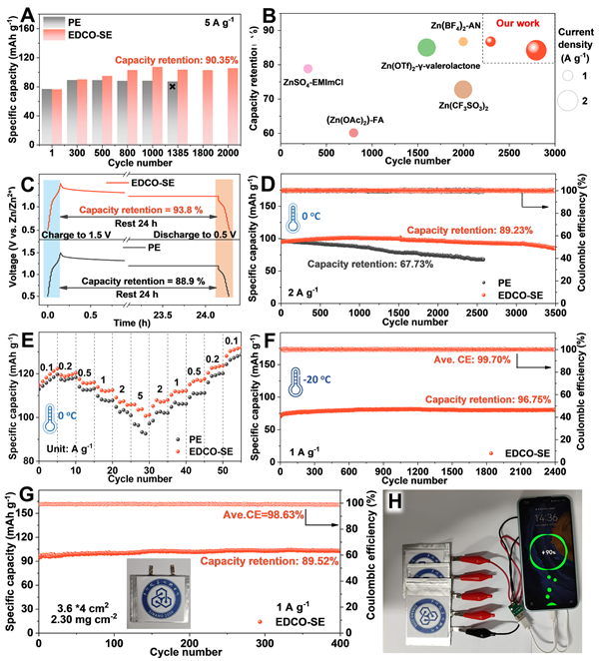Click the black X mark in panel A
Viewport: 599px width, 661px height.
(x=173, y=87)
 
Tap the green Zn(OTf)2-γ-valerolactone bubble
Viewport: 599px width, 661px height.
(x=426, y=47)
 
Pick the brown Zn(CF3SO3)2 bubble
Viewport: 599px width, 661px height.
(x=463, y=90)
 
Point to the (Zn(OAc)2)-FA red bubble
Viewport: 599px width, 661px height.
(x=353, y=132)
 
